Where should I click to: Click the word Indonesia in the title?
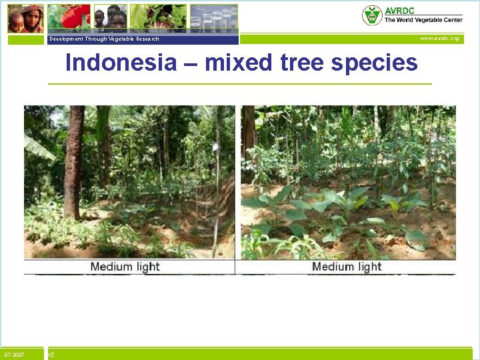(x=121, y=63)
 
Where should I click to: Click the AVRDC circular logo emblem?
(x=371, y=15)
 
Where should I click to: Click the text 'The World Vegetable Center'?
(x=423, y=20)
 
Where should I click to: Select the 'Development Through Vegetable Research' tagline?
(x=104, y=39)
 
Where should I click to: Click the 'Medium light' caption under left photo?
(x=125, y=267)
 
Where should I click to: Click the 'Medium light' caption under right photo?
(x=347, y=267)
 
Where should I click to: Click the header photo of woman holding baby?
(x=26, y=19)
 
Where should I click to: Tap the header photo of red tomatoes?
(x=69, y=17)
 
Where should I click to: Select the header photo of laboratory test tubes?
(x=213, y=18)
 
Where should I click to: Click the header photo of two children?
(x=111, y=19)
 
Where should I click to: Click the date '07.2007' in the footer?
(x=14, y=355)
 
